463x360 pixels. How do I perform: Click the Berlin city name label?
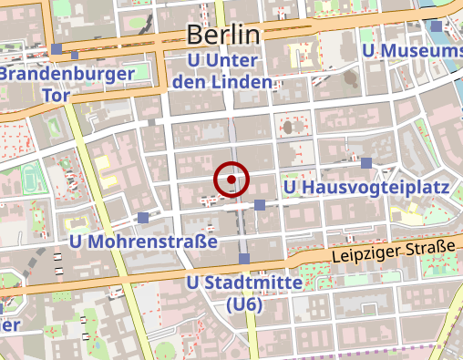[x=223, y=35]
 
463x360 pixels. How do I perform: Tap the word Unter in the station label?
[x=235, y=60]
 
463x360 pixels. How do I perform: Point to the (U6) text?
[x=243, y=304]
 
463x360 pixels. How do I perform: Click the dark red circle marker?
[x=231, y=180]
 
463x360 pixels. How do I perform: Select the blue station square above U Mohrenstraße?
[x=143, y=218]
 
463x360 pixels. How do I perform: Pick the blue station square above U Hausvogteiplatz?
[x=366, y=163]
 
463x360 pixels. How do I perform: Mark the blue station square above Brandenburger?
[x=57, y=49]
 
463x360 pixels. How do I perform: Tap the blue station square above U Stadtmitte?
[x=243, y=259]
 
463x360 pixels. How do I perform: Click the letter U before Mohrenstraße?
[x=77, y=242]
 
